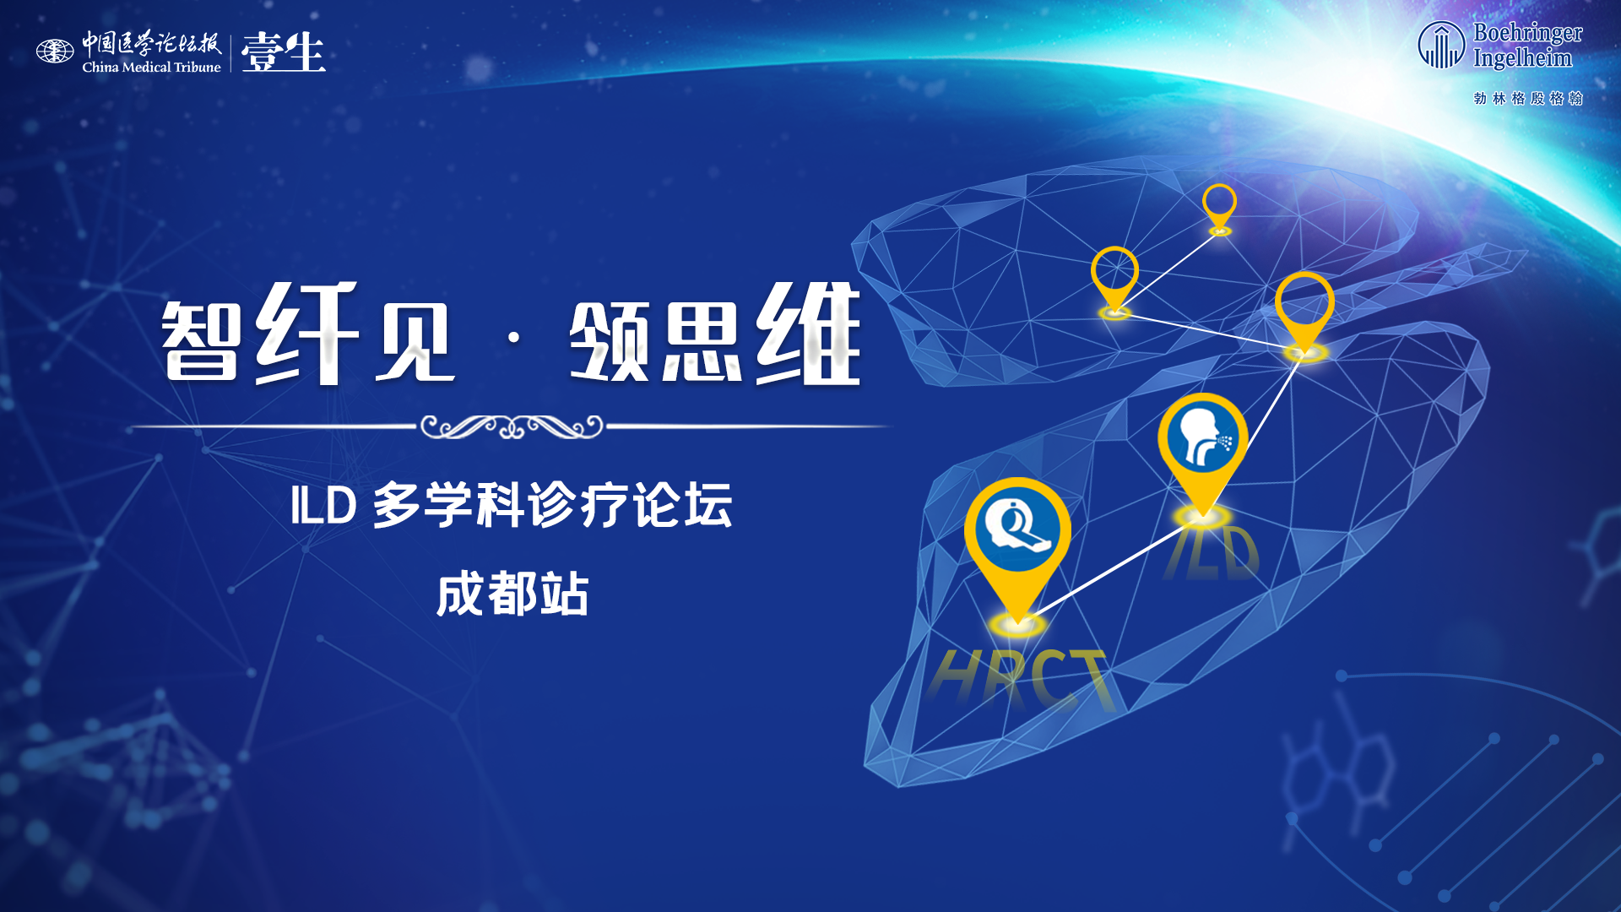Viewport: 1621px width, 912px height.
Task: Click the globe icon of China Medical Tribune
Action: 55,52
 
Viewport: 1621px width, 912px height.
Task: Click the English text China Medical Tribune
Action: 151,67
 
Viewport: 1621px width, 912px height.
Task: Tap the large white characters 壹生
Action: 284,52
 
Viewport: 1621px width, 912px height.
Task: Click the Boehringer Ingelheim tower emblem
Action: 1441,45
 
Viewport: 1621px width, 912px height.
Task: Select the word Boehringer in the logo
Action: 1528,33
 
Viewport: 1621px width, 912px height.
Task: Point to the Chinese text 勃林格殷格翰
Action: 1528,98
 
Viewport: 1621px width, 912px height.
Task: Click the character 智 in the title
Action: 201,340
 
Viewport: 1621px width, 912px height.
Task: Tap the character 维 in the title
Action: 808,334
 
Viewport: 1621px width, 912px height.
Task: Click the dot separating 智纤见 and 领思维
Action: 513,338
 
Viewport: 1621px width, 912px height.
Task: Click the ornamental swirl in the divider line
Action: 512,426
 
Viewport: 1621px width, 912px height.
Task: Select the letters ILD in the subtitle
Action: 323,506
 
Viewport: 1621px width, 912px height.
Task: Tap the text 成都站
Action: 512,594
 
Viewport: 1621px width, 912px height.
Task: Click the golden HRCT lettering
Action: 1021,678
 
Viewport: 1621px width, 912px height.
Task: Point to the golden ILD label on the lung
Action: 1213,552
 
